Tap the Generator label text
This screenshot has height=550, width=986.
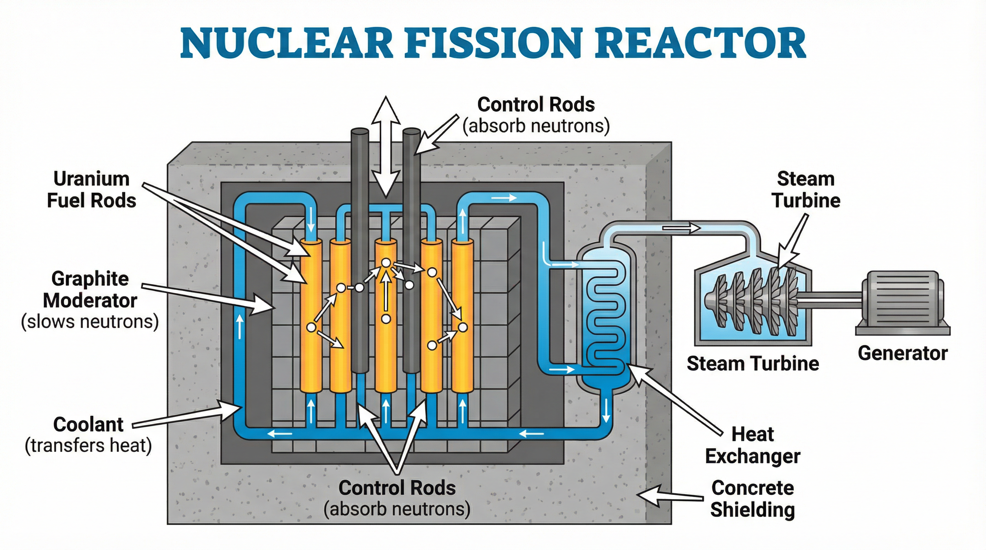[903, 353]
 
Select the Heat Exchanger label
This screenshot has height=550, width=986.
[752, 445]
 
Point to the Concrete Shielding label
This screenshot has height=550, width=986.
[752, 499]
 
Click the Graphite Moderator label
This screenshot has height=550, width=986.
[90, 300]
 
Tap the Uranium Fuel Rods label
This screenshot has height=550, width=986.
[91, 190]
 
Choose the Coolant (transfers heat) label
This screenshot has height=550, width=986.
[88, 435]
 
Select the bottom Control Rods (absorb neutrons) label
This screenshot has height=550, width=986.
[397, 498]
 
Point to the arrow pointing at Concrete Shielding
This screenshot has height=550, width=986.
[670, 496]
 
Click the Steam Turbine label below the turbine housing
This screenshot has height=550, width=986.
[752, 363]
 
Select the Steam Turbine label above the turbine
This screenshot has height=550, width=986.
[806, 190]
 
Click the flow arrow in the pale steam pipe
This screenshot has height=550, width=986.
[681, 228]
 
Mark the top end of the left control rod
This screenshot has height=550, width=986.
[360, 132]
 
